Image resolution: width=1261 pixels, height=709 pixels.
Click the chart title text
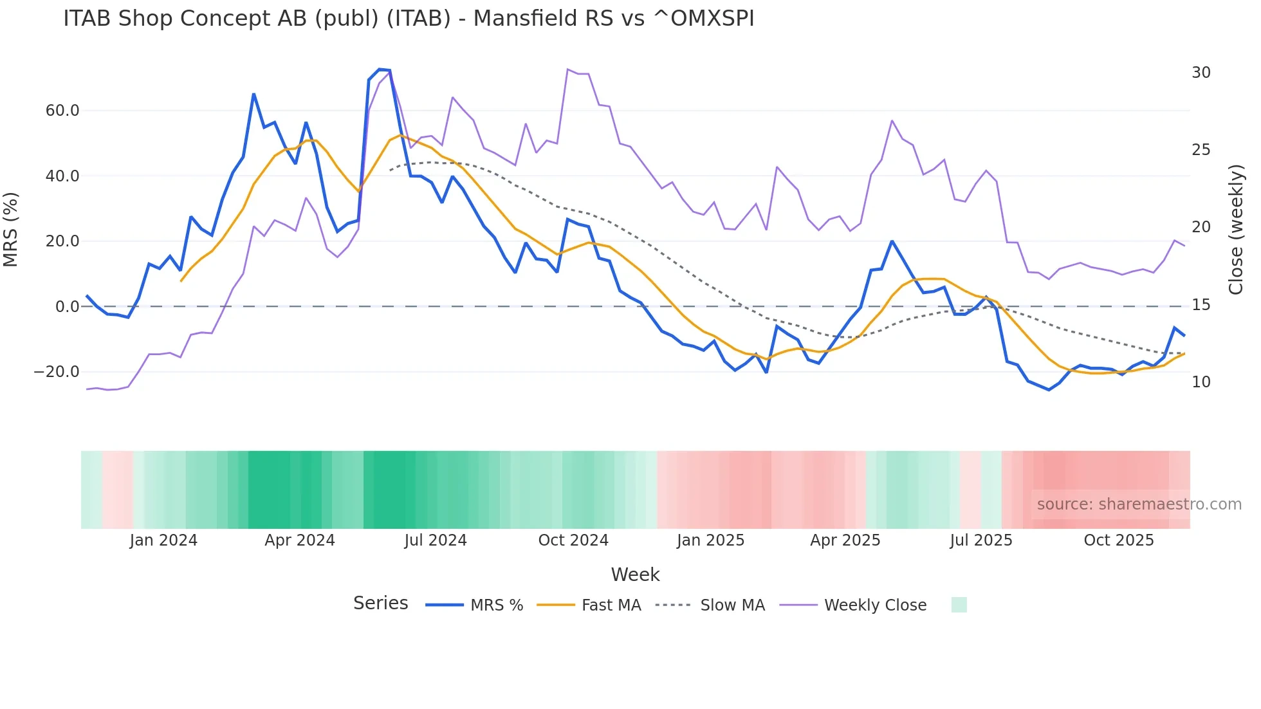click(x=409, y=19)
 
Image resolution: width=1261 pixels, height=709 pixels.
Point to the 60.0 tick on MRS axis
click(x=62, y=111)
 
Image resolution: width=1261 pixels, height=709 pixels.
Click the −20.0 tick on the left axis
click(x=57, y=372)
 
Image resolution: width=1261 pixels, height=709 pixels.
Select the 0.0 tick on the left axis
click(x=67, y=307)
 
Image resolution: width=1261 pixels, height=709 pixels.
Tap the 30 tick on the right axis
click(x=1201, y=73)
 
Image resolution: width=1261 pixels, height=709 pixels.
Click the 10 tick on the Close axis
click(x=1201, y=382)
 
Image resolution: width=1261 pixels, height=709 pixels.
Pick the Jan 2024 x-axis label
click(x=163, y=540)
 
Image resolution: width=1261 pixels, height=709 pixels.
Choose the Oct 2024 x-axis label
click(x=573, y=540)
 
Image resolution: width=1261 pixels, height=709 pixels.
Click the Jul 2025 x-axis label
click(x=981, y=540)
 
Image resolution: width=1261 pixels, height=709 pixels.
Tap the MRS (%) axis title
click(x=11, y=229)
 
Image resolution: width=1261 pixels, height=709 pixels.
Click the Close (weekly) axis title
click(x=1236, y=230)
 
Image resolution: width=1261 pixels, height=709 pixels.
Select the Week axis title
click(x=635, y=575)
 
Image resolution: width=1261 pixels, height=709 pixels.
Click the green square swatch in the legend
click(x=959, y=605)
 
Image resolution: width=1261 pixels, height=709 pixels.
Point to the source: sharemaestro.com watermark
click(x=1139, y=504)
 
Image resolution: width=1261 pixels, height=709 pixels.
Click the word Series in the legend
click(x=380, y=603)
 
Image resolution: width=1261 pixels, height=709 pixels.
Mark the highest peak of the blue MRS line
click(x=380, y=69)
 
